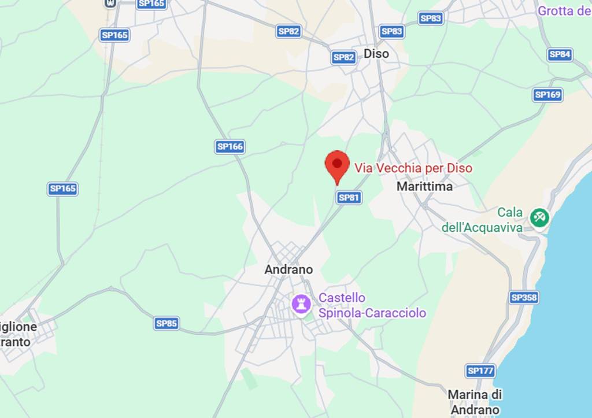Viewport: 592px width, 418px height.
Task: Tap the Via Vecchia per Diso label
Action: click(413, 168)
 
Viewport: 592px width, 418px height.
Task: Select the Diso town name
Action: click(376, 54)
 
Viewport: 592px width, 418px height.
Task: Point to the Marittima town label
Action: click(424, 187)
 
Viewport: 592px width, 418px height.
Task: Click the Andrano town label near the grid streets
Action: click(288, 269)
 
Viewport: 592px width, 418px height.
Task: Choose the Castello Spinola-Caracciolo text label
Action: click(372, 305)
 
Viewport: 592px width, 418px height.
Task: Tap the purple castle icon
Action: click(301, 304)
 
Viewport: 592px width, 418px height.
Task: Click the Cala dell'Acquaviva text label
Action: click(482, 220)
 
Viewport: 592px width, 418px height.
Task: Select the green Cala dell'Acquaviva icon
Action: click(539, 217)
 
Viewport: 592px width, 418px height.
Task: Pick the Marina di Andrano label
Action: click(475, 402)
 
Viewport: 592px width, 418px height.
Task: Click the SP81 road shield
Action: click(349, 198)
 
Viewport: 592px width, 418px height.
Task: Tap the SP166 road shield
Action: click(230, 147)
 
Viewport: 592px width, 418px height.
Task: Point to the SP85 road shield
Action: click(166, 324)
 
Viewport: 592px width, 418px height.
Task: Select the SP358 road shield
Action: click(524, 298)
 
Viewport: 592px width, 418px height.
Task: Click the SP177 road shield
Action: click(480, 371)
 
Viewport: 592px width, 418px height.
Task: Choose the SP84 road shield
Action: click(560, 54)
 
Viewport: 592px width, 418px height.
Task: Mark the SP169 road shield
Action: click(547, 95)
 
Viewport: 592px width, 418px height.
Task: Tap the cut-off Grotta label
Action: click(564, 11)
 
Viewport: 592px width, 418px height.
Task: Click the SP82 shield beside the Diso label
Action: click(344, 57)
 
